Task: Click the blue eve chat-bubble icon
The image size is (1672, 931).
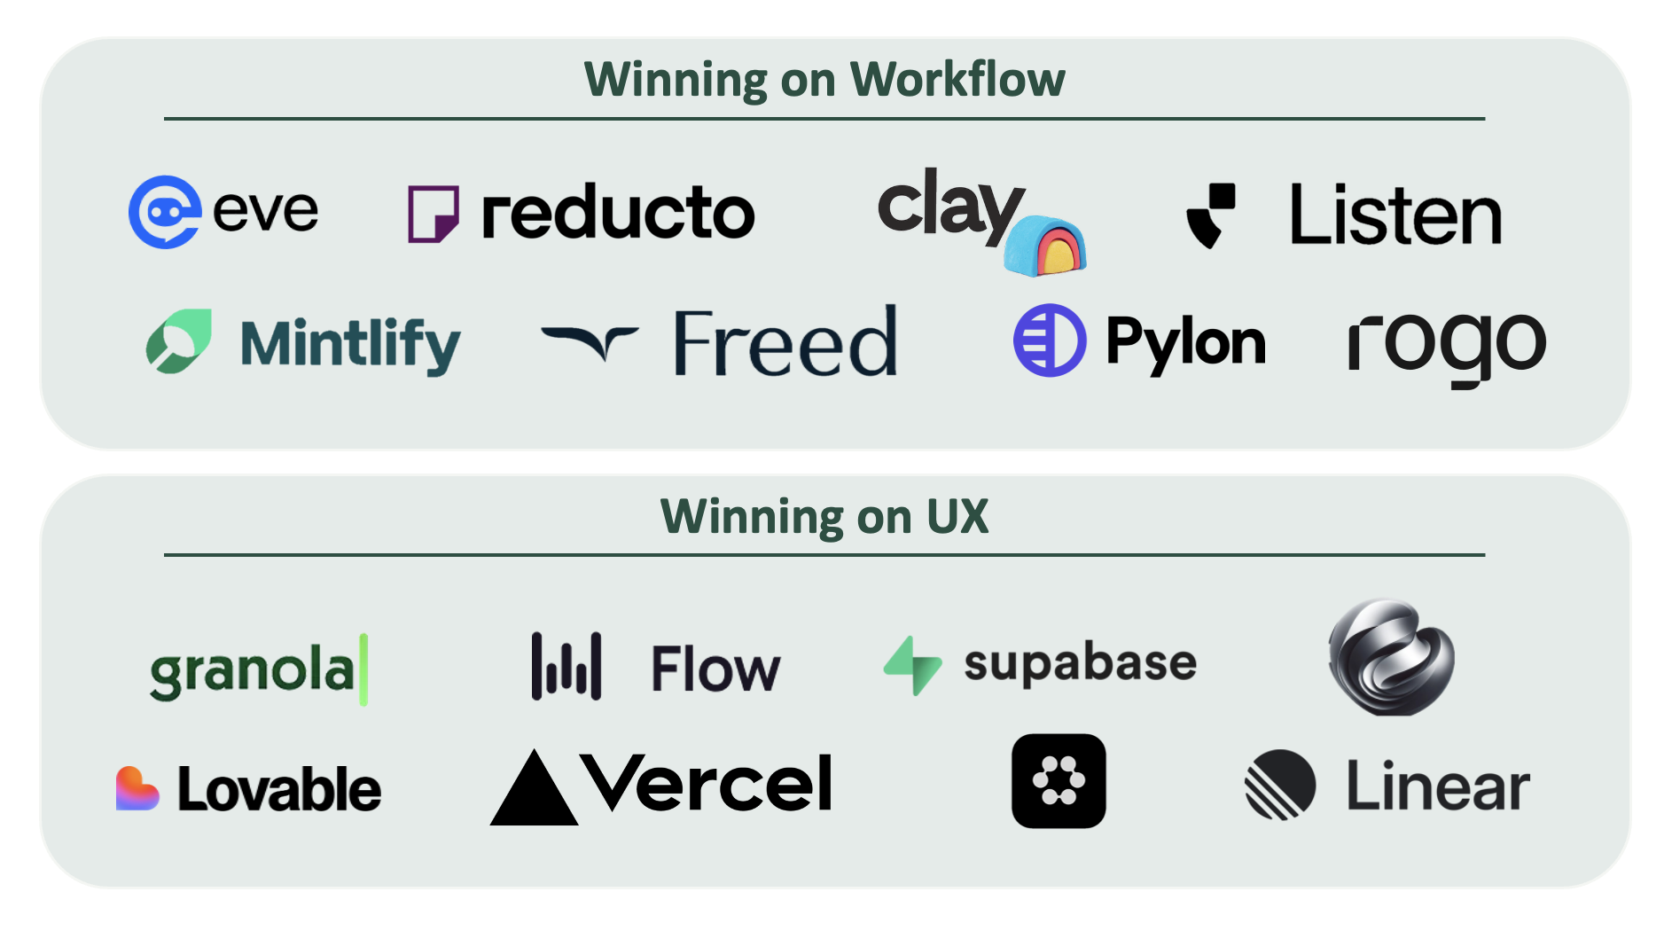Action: (x=164, y=212)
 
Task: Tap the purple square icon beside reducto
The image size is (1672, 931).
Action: (x=433, y=214)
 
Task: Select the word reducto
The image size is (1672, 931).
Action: (x=618, y=213)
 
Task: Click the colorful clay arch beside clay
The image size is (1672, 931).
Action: (x=1046, y=246)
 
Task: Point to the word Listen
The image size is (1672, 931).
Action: (x=1395, y=215)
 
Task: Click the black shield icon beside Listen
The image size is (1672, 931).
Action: (x=1211, y=215)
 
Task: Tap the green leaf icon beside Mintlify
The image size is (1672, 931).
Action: (x=180, y=341)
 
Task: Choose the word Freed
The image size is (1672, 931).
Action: (x=785, y=343)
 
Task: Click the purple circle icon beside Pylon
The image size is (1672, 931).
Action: (x=1050, y=340)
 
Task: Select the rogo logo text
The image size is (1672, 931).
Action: (x=1447, y=344)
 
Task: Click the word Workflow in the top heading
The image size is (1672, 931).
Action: (x=957, y=80)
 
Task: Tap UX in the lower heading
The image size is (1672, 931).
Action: (x=957, y=517)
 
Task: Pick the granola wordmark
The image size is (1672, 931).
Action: (x=253, y=671)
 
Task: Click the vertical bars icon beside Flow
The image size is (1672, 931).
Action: (x=566, y=667)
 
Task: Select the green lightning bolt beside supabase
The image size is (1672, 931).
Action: (x=913, y=665)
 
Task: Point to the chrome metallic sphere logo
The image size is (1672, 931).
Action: (x=1391, y=657)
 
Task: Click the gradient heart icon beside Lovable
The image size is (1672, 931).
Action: (x=137, y=788)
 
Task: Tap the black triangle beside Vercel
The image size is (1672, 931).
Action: (x=534, y=789)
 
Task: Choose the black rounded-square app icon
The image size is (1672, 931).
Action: (x=1059, y=781)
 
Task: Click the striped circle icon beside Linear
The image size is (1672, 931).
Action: (x=1280, y=785)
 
